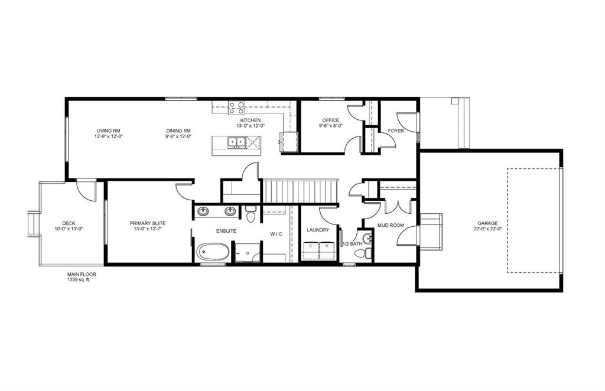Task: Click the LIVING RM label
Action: [109, 131]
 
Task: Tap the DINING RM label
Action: [178, 131]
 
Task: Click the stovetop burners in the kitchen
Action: [237, 107]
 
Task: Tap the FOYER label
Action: [396, 131]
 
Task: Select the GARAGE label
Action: [487, 223]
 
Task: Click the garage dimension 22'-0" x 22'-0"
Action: [487, 229]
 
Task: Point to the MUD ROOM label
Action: [391, 225]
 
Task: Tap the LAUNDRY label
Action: [318, 230]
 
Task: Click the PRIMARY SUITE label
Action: [148, 223]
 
